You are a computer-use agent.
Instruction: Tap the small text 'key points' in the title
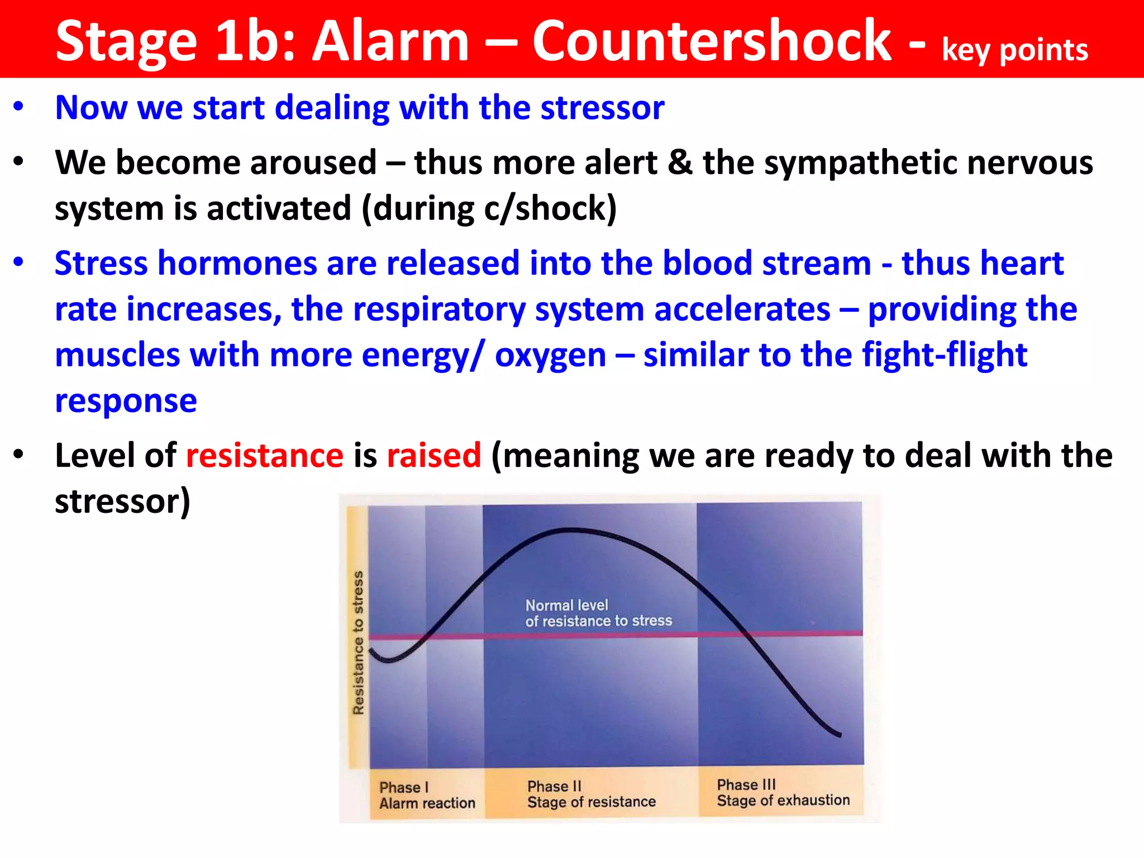[x=1014, y=50]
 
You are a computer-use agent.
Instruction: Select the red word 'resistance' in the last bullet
[x=264, y=455]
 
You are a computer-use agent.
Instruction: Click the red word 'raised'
[x=433, y=455]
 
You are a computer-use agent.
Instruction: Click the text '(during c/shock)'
[x=489, y=209]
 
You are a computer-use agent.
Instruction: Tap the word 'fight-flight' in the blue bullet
[x=944, y=355]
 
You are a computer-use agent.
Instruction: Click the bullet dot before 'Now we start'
[x=19, y=106]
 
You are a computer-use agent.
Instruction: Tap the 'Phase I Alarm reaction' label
[x=427, y=795]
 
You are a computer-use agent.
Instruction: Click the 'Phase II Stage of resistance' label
[x=591, y=794]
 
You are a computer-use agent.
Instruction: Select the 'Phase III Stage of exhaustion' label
[x=783, y=793]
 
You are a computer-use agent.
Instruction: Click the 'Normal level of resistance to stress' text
[x=598, y=613]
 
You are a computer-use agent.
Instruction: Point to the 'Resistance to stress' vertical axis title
[x=358, y=642]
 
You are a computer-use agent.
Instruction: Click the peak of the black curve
[x=570, y=530]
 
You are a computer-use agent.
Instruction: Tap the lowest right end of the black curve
[x=839, y=735]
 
